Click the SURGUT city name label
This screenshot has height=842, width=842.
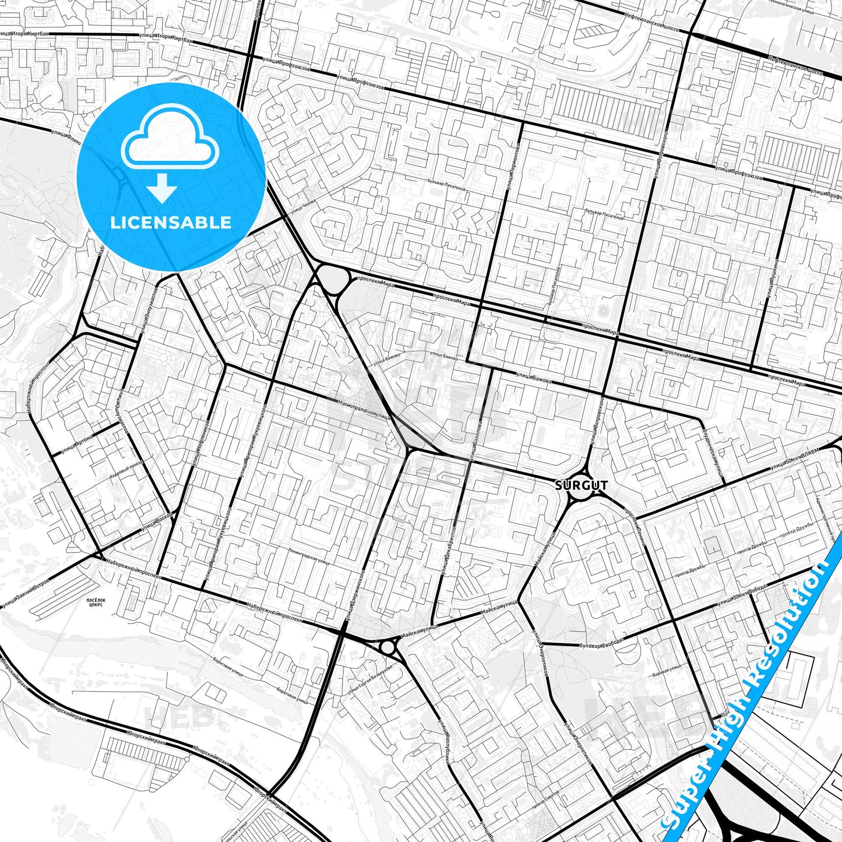pos(581,485)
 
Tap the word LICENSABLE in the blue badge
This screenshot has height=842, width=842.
pos(171,223)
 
